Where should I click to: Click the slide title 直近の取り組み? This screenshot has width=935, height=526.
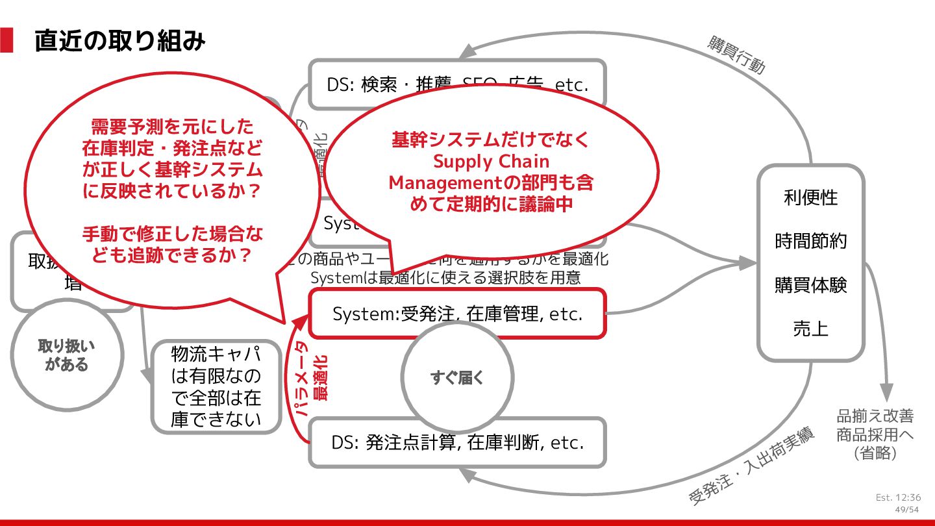(x=120, y=41)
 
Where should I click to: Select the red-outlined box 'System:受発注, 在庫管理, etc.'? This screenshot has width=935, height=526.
(x=457, y=314)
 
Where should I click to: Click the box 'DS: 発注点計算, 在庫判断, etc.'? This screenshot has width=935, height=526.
(x=457, y=443)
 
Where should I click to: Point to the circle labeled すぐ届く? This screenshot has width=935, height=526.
(x=457, y=377)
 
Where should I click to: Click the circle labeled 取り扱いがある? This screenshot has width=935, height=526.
(x=67, y=355)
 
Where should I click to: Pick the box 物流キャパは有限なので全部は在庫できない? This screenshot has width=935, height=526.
(x=216, y=387)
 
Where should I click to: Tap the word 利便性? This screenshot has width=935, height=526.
(x=810, y=197)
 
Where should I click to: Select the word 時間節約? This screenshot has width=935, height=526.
(x=810, y=241)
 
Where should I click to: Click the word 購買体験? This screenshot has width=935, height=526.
(x=810, y=284)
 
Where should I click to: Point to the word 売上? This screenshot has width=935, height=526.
(x=810, y=329)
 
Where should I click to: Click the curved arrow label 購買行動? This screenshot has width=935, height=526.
(x=736, y=56)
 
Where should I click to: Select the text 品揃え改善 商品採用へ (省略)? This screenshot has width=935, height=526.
(x=875, y=434)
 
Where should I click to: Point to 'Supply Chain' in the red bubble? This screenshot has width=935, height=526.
(x=491, y=161)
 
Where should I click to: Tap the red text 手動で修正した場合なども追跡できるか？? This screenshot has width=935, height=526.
(x=172, y=244)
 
